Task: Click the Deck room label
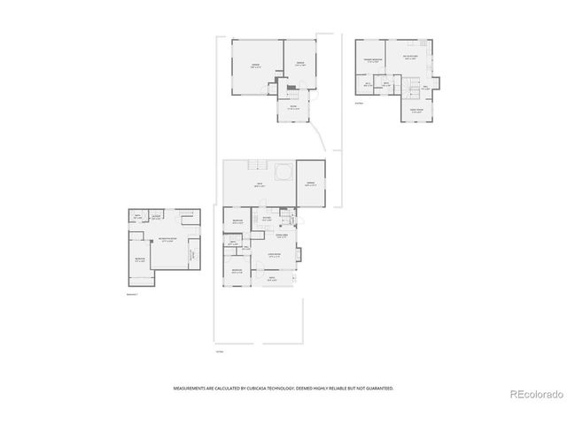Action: [x=259, y=186]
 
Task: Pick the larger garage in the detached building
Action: [x=256, y=66]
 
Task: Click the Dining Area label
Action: [x=282, y=236]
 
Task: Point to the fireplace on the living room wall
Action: [x=299, y=255]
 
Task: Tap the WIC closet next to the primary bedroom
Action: [x=367, y=85]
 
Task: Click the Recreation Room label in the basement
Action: [x=166, y=239]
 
